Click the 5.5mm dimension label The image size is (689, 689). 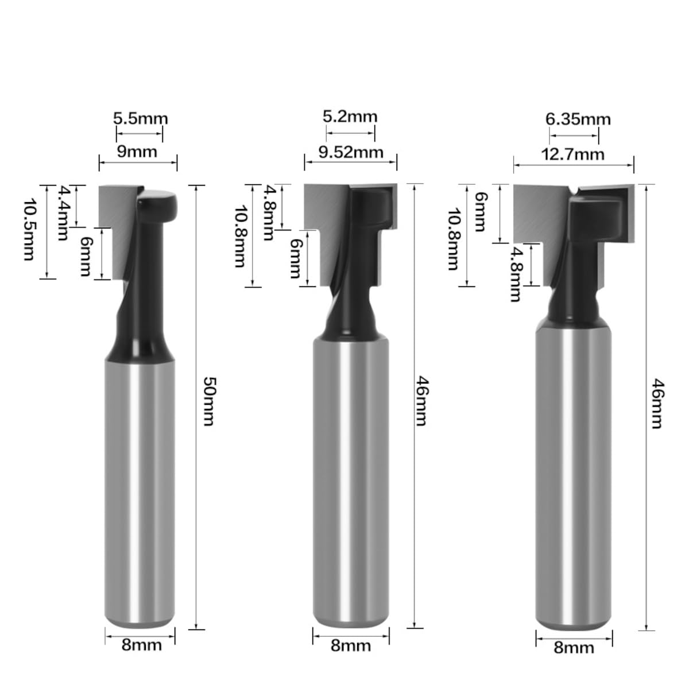(x=141, y=118)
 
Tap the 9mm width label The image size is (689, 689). (x=137, y=152)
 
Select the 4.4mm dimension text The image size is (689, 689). (x=63, y=213)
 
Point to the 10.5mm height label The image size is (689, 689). (x=29, y=229)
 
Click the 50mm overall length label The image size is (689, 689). (x=209, y=401)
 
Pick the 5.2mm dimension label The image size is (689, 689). (x=350, y=117)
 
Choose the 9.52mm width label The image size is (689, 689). (x=351, y=152)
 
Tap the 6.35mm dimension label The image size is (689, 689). (x=578, y=119)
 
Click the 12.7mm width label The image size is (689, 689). (x=573, y=154)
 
